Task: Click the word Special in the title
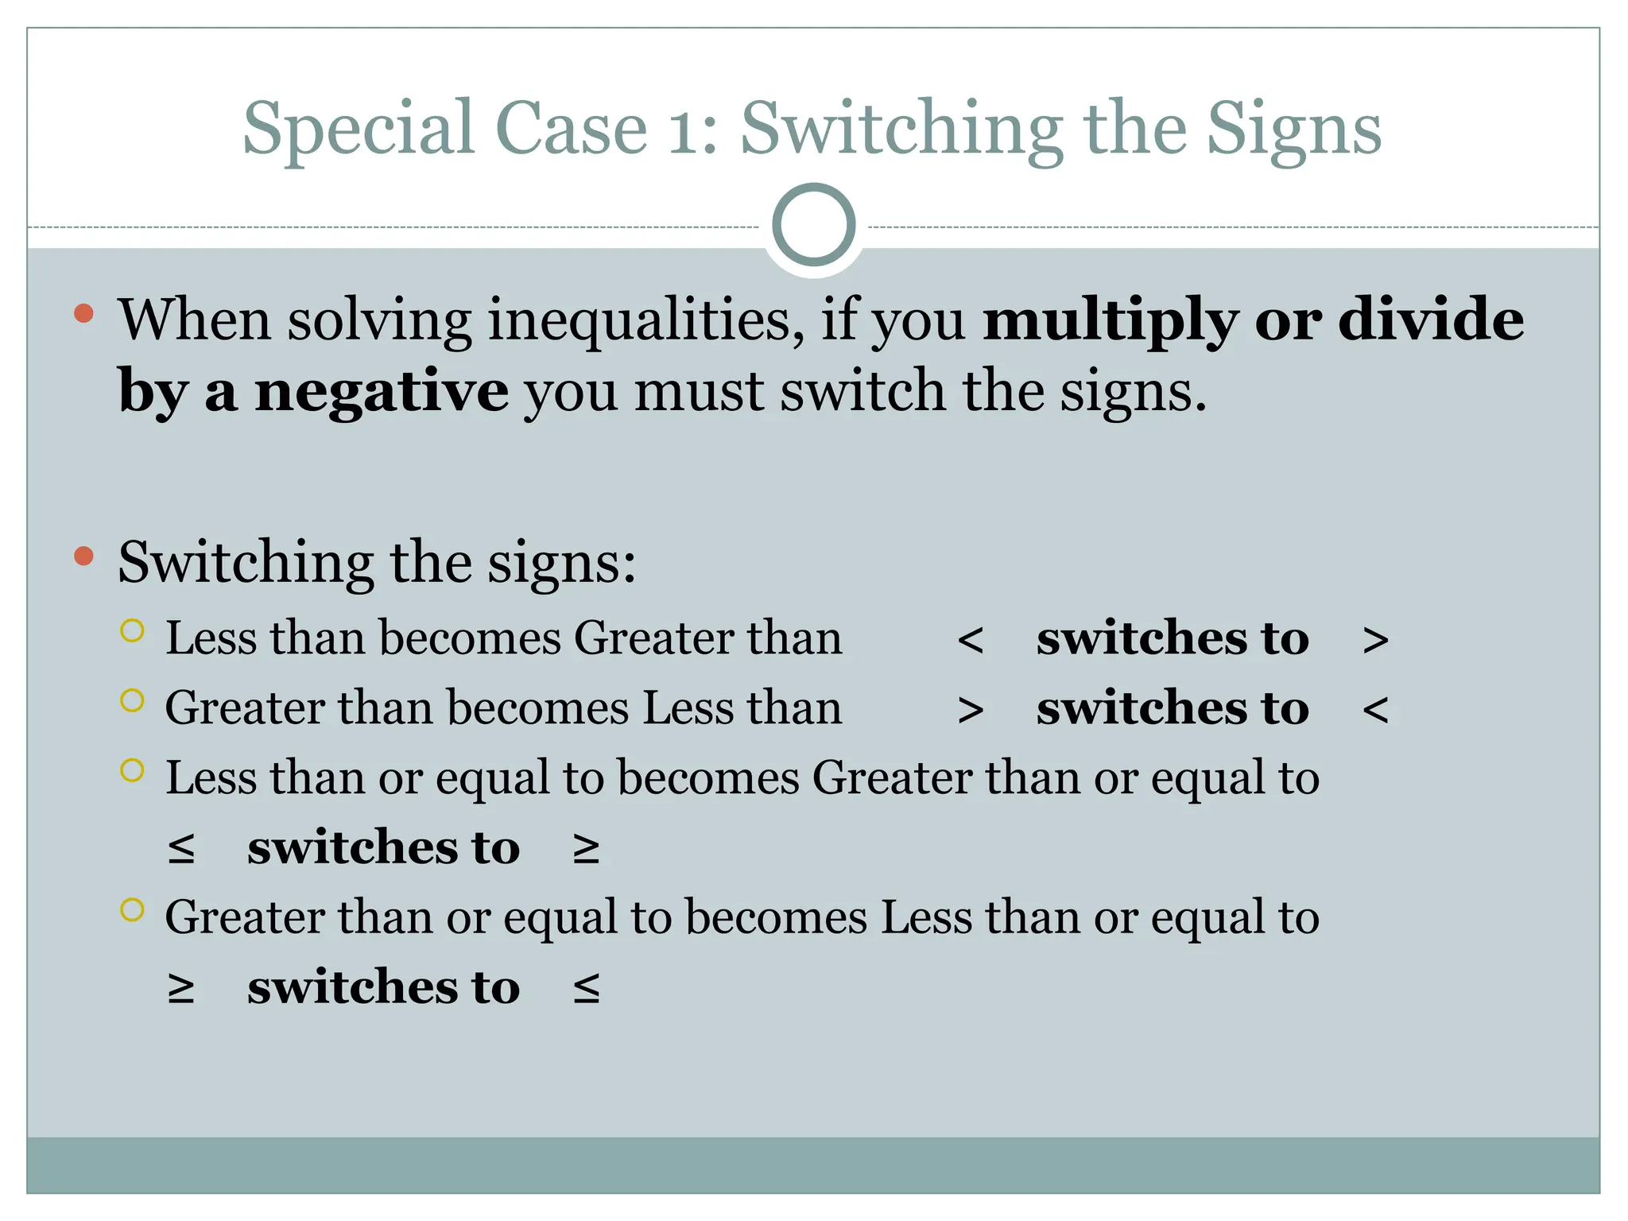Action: click(358, 130)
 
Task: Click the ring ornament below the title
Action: click(814, 225)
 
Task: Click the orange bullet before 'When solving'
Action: click(83, 313)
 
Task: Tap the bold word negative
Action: click(382, 392)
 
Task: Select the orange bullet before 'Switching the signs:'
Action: click(83, 556)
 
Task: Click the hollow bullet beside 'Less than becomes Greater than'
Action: click(132, 631)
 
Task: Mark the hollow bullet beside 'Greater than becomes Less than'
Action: click(132, 700)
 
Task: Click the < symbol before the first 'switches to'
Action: click(971, 641)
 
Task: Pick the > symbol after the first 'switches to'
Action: click(1375, 641)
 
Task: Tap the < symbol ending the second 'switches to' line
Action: click(1375, 710)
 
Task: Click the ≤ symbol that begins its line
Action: click(181, 849)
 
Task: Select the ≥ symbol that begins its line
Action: click(181, 989)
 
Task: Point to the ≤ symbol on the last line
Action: click(587, 989)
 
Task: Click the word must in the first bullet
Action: click(699, 392)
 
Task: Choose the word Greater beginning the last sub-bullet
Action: click(244, 918)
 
